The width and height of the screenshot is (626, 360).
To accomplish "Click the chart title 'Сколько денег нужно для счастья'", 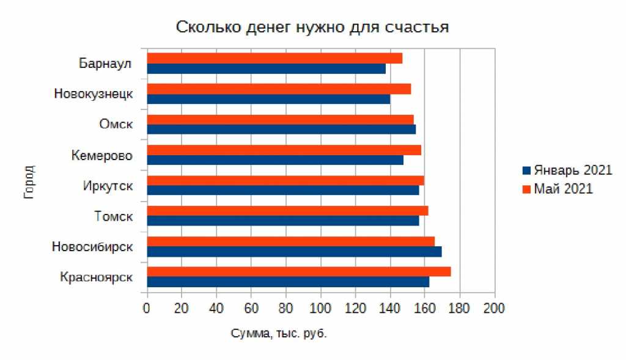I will tap(312, 27).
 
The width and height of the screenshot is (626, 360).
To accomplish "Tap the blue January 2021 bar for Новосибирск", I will tap(293, 252).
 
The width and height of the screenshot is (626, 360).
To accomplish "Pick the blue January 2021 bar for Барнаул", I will tap(266, 68).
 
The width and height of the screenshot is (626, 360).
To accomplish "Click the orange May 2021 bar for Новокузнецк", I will tap(278, 89).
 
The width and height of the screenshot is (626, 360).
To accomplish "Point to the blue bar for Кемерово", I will tap(274, 160).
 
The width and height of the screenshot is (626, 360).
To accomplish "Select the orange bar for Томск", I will tap(287, 211).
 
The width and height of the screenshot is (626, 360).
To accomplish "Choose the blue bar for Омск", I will tap(281, 130).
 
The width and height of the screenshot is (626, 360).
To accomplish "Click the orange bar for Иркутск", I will tap(285, 180).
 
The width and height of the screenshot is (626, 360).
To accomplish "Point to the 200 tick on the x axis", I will tap(494, 308).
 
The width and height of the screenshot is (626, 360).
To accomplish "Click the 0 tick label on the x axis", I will tap(146, 308).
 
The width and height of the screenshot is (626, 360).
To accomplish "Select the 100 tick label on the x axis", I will tap(320, 308).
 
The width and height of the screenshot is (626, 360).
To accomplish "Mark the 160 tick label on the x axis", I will tap(424, 308).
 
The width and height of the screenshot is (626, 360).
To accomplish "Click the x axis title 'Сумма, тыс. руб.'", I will tap(279, 334).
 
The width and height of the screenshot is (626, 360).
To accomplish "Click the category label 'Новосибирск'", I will tap(92, 246).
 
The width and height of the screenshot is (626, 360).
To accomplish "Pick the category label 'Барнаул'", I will tap(106, 63).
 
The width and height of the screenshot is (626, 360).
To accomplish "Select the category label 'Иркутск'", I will tap(108, 185).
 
